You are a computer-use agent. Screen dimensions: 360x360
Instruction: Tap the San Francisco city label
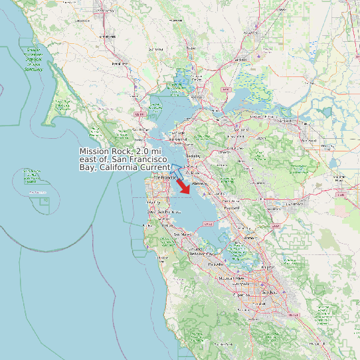point(164,178)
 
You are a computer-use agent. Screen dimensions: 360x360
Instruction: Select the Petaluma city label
point(120,64)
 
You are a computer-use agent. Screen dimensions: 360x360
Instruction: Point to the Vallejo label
point(196,98)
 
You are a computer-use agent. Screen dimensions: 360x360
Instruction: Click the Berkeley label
point(193,155)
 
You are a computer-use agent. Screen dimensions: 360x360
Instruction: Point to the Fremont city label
point(248,237)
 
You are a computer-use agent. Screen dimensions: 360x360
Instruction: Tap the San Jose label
point(269,292)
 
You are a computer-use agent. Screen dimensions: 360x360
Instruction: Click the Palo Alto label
point(217,264)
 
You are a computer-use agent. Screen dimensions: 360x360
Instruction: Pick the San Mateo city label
point(182,234)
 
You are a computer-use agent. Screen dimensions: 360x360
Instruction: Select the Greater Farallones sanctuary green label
point(33,59)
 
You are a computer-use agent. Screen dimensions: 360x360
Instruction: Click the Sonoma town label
point(155,49)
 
